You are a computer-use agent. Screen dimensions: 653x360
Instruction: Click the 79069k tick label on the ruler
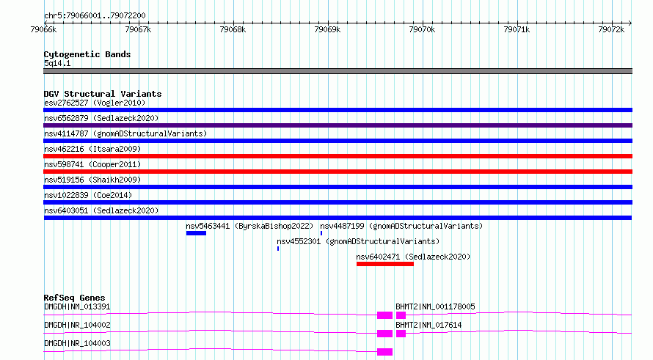coord(327,29)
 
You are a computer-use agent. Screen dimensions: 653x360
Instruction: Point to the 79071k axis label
coord(517,29)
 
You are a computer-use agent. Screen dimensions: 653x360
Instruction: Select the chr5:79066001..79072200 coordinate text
coord(95,16)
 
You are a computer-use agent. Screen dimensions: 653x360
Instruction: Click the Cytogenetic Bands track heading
coord(87,54)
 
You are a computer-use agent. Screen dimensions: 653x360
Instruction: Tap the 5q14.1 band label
coord(57,63)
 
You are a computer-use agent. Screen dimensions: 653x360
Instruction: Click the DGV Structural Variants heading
coord(103,94)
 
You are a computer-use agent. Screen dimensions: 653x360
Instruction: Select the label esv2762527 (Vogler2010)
coord(95,103)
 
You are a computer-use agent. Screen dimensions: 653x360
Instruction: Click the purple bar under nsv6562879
coord(338,125)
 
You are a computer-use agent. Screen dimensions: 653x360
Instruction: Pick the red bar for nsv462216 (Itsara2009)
coord(338,156)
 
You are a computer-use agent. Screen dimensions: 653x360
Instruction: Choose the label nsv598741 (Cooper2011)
coord(92,164)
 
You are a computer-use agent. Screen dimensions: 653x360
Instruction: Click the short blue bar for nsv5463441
coord(196,233)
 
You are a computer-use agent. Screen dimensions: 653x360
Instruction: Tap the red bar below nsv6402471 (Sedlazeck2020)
coord(384,264)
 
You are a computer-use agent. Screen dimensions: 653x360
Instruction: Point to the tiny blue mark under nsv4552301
coord(278,249)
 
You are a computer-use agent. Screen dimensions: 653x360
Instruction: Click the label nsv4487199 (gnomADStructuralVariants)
coord(401,226)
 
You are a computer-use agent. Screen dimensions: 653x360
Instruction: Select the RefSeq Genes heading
coord(75,298)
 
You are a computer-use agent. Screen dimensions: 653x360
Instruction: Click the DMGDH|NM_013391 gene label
coord(77,306)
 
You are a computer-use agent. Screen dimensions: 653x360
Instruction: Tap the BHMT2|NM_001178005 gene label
coord(435,306)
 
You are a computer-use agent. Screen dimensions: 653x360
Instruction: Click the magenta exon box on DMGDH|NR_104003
coord(384,352)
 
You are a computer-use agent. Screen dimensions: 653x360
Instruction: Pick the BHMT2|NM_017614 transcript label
coord(428,325)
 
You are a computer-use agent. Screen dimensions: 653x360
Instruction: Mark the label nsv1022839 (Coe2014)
coord(88,195)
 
